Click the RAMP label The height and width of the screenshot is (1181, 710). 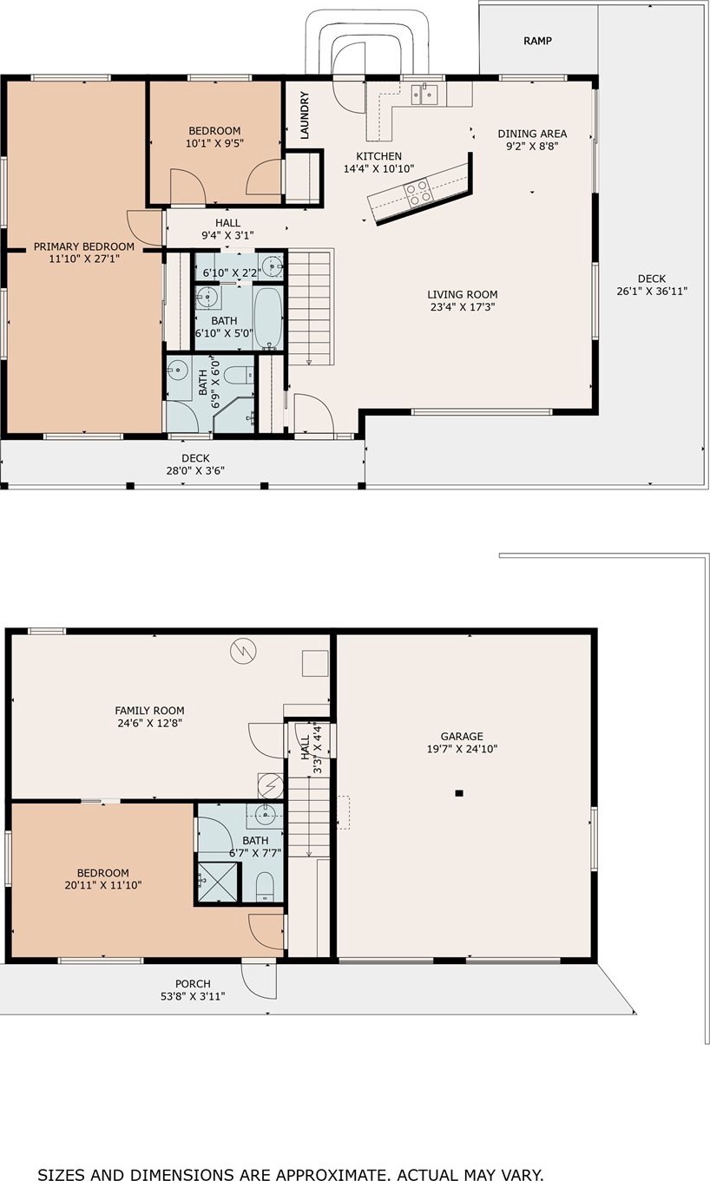click(x=537, y=41)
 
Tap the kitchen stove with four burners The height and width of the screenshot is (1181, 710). click(x=417, y=192)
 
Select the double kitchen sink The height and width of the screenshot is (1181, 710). click(x=424, y=95)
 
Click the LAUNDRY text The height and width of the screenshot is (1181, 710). click(x=305, y=115)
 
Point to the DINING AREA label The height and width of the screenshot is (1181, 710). click(x=532, y=134)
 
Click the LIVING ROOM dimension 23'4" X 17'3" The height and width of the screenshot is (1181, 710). click(x=463, y=307)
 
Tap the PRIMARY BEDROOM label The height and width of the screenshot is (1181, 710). click(x=84, y=246)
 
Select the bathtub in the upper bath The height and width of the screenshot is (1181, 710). click(x=268, y=318)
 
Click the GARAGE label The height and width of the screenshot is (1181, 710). click(x=462, y=736)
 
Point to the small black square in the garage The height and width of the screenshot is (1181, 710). click(x=459, y=793)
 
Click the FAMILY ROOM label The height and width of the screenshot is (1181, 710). click(x=150, y=710)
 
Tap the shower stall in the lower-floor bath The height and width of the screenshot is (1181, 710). click(x=218, y=882)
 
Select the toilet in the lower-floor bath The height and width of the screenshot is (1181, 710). click(x=265, y=887)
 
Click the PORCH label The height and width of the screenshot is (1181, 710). click(x=193, y=984)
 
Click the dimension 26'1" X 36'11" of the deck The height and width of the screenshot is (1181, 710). click(x=652, y=291)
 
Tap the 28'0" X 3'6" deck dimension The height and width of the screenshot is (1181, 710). click(x=195, y=470)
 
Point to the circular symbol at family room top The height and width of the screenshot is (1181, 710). click(x=243, y=651)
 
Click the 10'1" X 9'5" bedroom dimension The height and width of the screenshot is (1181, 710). click(x=214, y=143)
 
